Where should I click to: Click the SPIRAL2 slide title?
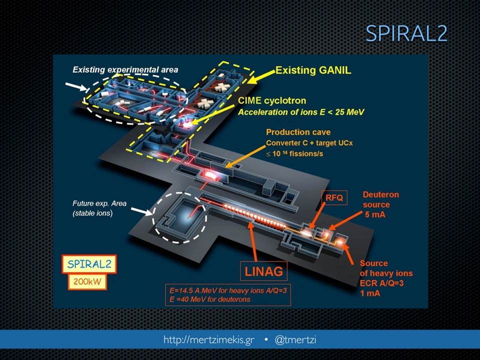(x=406, y=33)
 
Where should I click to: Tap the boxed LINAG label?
(x=264, y=271)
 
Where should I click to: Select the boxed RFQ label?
(x=334, y=198)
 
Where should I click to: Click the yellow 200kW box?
(x=87, y=281)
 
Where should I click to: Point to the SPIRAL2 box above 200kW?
(x=89, y=264)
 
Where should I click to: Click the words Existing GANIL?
(x=313, y=70)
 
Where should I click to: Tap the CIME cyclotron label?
(x=272, y=100)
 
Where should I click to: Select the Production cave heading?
(x=298, y=132)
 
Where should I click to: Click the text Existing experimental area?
(x=125, y=69)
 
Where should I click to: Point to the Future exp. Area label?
(x=99, y=203)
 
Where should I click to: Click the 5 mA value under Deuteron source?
(x=375, y=214)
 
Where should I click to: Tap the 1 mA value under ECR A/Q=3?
(x=370, y=293)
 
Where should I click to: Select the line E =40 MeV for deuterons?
(x=210, y=299)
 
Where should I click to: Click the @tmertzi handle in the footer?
(x=295, y=339)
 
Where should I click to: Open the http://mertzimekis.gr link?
(x=209, y=340)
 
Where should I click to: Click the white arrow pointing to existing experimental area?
(x=77, y=86)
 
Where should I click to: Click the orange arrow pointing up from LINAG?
(x=253, y=241)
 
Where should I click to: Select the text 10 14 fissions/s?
(x=294, y=153)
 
